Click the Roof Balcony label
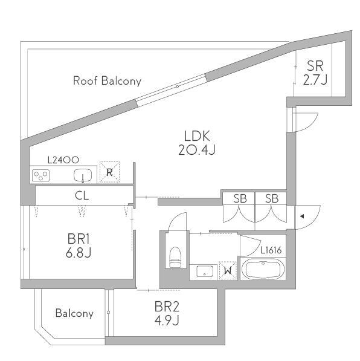pyautogui.click(x=107, y=81)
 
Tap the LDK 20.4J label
pyautogui.click(x=197, y=143)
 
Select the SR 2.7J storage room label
pyautogui.click(x=315, y=73)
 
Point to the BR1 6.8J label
pyautogui.click(x=79, y=246)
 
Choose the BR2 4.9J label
pyautogui.click(x=167, y=313)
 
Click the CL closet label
pyautogui.click(x=82, y=196)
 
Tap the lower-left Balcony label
pyautogui.click(x=74, y=313)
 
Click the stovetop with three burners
pyautogui.click(x=40, y=175)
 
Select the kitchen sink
pyautogui.click(x=83, y=175)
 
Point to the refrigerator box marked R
pyautogui.click(x=109, y=172)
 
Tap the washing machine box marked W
pyautogui.click(x=228, y=270)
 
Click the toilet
pyautogui.click(x=175, y=258)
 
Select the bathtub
pyautogui.click(x=263, y=269)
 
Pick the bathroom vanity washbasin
pyautogui.click(x=204, y=271)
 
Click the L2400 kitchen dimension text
pyautogui.click(x=63, y=160)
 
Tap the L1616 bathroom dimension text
pyautogui.click(x=271, y=250)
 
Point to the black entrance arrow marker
pyautogui.click(x=302, y=216)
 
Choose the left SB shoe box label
pyautogui.click(x=240, y=198)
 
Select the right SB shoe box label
pyautogui.click(x=272, y=198)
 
